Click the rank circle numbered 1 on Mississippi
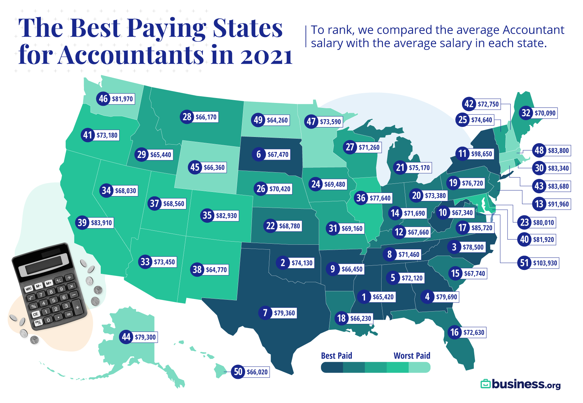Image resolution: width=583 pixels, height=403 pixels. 364,297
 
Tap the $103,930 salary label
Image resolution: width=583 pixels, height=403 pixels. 545,263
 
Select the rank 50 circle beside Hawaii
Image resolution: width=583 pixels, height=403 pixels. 238,371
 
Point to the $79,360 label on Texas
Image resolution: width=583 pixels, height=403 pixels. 284,313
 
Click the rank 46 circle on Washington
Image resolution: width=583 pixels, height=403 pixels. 103,99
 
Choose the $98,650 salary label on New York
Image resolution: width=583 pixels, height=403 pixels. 481,154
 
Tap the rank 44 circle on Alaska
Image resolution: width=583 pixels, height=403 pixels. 126,337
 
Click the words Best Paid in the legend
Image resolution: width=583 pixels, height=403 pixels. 336,356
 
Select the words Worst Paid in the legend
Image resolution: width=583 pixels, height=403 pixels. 412,356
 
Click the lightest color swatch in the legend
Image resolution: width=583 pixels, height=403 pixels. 419,367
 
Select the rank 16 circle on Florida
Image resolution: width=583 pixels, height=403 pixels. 455,332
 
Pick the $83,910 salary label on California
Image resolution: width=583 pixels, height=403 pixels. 101,223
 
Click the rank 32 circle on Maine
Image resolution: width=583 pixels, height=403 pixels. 526,113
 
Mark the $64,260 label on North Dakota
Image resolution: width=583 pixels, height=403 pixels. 277,120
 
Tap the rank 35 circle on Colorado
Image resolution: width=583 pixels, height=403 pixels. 207,215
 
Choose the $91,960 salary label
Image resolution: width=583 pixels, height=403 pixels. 558,204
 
